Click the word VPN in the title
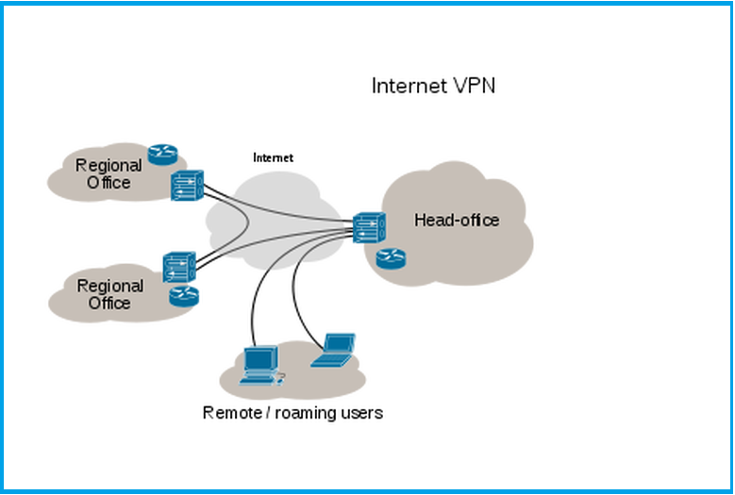click(x=471, y=86)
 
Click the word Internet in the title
click(x=407, y=86)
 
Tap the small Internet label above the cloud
click(x=273, y=157)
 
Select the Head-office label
click(x=457, y=221)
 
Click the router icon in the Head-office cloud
click(x=390, y=257)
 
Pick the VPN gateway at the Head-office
click(x=367, y=227)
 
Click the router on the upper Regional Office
click(x=162, y=156)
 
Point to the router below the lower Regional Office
click(x=184, y=296)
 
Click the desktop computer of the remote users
click(x=259, y=365)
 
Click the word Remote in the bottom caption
click(x=233, y=413)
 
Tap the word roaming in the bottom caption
click(x=310, y=413)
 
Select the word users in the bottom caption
click(x=363, y=413)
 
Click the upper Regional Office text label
click(x=109, y=173)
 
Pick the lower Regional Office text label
click(x=109, y=294)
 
